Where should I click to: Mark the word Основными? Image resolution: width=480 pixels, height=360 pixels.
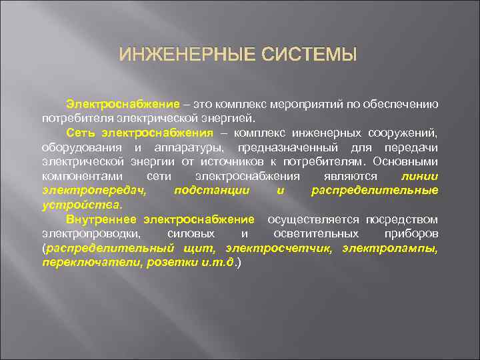(x=405, y=162)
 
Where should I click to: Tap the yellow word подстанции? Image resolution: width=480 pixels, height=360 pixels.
(x=211, y=191)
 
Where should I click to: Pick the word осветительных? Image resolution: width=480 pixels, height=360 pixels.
(x=316, y=234)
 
